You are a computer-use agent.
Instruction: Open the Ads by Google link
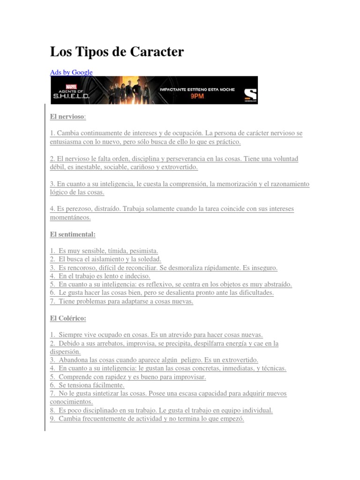pyautogui.click(x=71, y=72)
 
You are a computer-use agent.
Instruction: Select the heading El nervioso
pyautogui.click(x=67, y=116)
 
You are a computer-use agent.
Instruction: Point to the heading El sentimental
pyautogui.click(x=72, y=234)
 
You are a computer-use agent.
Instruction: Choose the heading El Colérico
pyautogui.click(x=67, y=318)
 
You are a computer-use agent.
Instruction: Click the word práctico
pyautogui.click(x=227, y=142)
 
